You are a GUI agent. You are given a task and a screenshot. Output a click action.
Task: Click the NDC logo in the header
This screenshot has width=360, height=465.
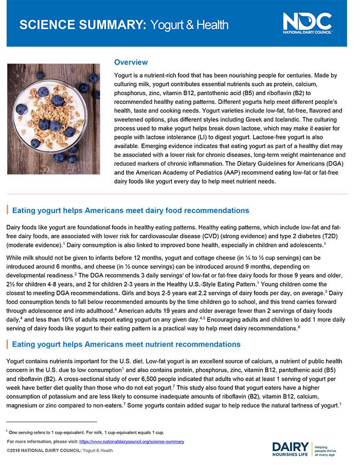307,23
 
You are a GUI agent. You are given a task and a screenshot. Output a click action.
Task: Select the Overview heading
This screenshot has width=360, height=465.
131,62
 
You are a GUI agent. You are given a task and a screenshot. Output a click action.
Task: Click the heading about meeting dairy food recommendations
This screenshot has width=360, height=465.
130,210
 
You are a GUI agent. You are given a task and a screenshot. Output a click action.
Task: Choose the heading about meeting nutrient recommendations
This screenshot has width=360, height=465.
126,344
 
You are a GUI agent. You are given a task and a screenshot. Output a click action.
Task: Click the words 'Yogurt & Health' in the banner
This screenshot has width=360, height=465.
190,25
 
